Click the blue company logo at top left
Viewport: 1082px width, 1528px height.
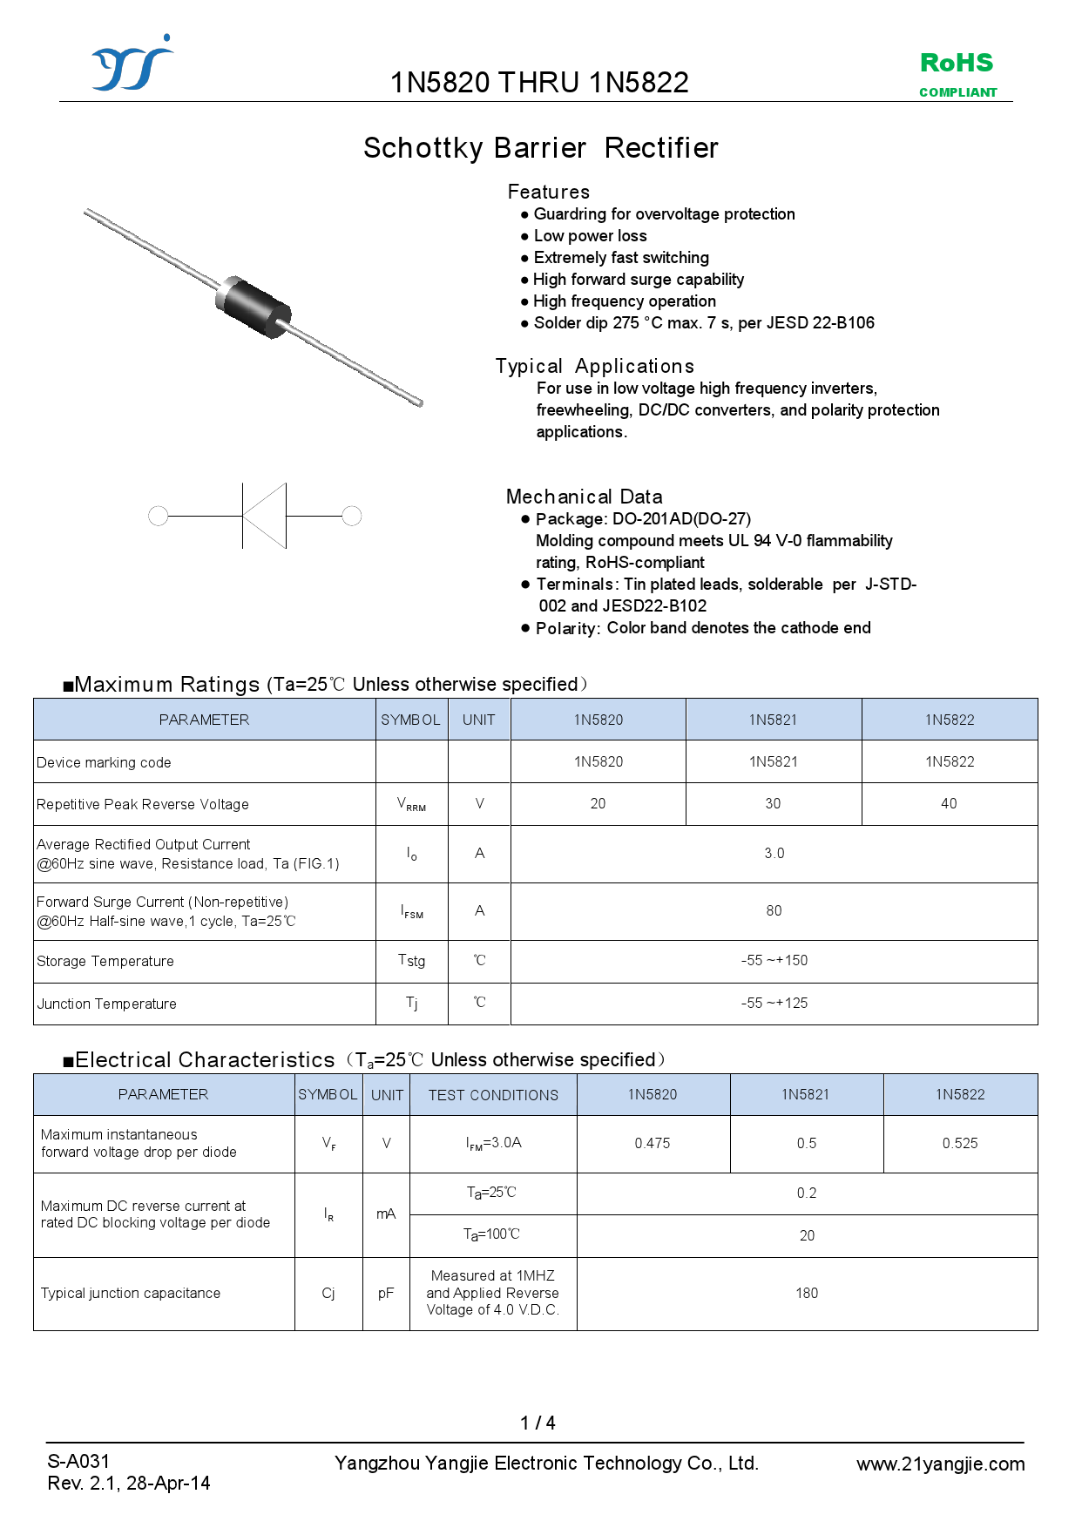coord(132,64)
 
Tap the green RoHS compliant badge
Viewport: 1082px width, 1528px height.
coord(957,73)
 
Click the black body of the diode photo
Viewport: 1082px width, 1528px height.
coord(254,306)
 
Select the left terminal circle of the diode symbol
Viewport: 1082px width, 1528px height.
coord(159,517)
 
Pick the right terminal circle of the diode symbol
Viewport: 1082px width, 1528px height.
coord(352,517)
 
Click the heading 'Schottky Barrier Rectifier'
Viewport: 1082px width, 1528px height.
coord(540,148)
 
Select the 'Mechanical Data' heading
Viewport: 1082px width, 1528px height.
coord(584,497)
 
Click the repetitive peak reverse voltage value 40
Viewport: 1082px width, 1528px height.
coord(949,804)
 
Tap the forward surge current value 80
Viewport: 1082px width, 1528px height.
coord(774,911)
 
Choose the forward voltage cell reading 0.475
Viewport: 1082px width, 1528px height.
coord(653,1144)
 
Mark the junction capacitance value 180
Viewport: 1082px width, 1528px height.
coord(807,1294)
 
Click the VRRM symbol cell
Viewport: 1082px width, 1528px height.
coord(411,804)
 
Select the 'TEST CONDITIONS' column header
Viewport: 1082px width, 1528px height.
coord(493,1095)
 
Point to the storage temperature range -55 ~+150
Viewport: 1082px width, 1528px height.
coord(774,961)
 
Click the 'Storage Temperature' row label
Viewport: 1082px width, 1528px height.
coord(105,962)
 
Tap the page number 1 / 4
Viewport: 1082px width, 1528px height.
coord(538,1423)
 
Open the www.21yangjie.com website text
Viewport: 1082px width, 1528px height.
coord(940,1464)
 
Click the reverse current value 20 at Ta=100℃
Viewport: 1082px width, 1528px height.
coord(807,1236)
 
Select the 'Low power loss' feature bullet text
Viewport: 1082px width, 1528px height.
coord(590,236)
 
